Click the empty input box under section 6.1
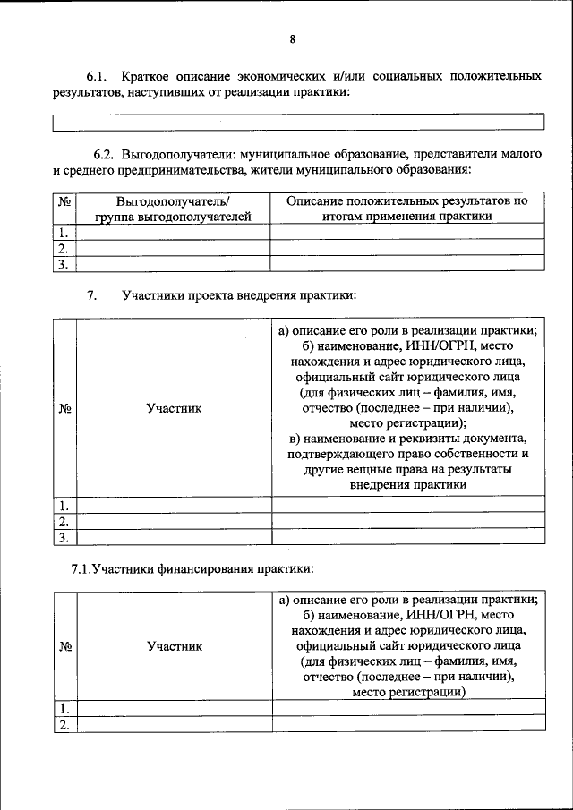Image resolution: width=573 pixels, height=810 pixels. pyautogui.click(x=298, y=122)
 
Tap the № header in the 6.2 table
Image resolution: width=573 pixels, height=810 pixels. pyautogui.click(x=64, y=201)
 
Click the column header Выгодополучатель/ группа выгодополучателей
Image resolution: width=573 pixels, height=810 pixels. pyautogui.click(x=174, y=209)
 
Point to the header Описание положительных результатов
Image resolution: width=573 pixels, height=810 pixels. pyautogui.click(x=407, y=201)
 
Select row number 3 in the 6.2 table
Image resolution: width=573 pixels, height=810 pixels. pyautogui.click(x=64, y=264)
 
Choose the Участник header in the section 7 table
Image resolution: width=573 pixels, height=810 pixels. pyautogui.click(x=174, y=408)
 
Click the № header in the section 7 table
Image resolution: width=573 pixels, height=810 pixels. pyautogui.click(x=64, y=408)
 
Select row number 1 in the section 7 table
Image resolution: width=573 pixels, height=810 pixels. pyautogui.click(x=64, y=505)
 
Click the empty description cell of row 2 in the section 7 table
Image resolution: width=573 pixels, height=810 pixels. pyautogui.click(x=407, y=521)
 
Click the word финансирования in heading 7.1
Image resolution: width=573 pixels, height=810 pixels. pyautogui.click(x=207, y=568)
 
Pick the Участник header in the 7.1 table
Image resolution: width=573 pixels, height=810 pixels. pyautogui.click(x=174, y=646)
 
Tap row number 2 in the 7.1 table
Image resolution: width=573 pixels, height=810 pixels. pyautogui.click(x=64, y=725)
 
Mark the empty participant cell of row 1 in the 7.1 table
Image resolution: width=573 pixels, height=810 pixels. pyautogui.click(x=174, y=709)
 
